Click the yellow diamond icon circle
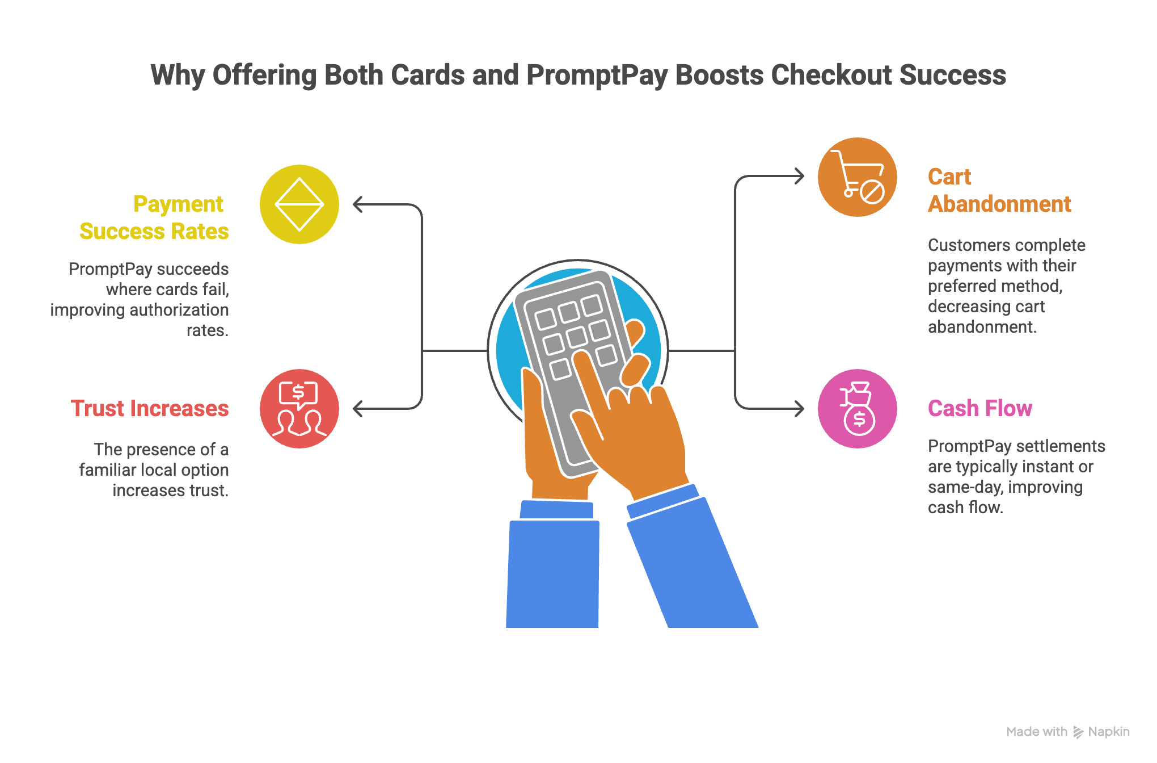point(299,204)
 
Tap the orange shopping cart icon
point(857,177)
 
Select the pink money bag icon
point(857,409)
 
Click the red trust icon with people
point(299,409)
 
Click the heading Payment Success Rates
point(154,218)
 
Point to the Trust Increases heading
point(150,409)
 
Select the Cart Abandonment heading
point(999,191)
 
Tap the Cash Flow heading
point(979,409)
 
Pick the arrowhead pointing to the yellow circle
point(357,204)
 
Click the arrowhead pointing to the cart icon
point(800,176)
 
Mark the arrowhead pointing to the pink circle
point(800,409)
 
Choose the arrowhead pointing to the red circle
point(357,409)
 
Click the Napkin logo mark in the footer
point(1078,732)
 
